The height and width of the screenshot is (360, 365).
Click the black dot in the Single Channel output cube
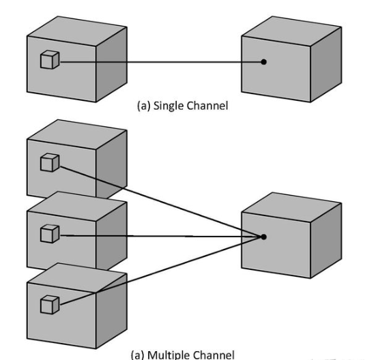(263, 62)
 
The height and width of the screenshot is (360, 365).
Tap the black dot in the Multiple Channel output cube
(263, 237)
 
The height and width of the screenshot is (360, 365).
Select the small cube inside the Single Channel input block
(50, 59)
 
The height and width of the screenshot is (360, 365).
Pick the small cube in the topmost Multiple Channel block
(50, 162)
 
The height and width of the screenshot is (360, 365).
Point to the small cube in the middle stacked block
(50, 234)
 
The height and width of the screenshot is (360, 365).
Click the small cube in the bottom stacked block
(50, 305)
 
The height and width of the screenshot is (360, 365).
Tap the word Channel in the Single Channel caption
(207, 106)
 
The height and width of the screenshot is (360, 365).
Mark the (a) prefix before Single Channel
(144, 106)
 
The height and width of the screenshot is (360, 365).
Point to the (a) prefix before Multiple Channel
(138, 355)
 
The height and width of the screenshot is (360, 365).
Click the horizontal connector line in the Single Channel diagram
(160, 62)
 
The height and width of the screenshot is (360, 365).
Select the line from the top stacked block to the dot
(160, 202)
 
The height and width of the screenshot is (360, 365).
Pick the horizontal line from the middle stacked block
(160, 236)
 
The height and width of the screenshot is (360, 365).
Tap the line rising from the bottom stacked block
(160, 271)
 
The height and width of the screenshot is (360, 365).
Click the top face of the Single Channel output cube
(291, 31)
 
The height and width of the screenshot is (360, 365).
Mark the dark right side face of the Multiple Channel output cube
(326, 241)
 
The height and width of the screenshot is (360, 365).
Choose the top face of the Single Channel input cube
(77, 31)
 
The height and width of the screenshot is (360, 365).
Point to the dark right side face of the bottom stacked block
(111, 311)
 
